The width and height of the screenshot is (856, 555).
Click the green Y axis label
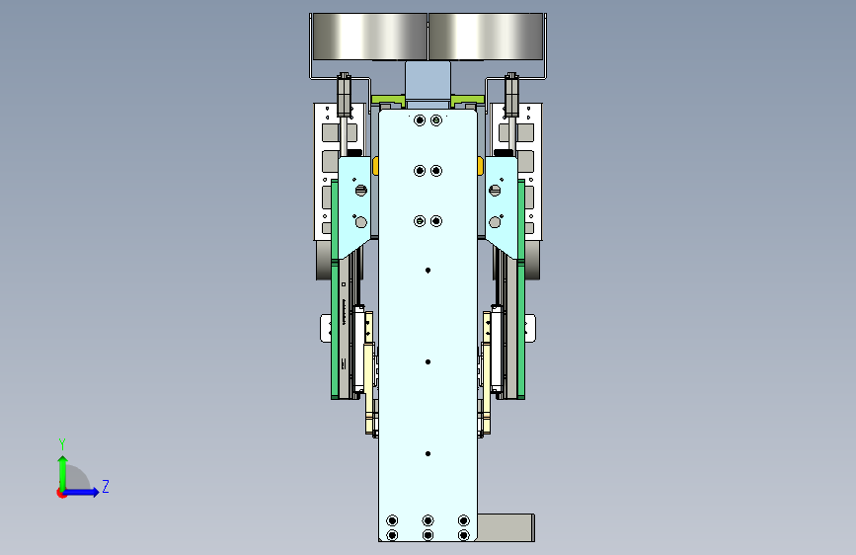(62, 444)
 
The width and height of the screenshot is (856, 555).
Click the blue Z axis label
(106, 486)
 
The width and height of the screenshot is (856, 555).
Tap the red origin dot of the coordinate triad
(61, 493)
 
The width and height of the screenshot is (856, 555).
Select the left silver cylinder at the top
(369, 37)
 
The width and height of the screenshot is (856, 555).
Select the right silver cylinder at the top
(486, 37)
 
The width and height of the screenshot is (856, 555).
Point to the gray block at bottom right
(506, 527)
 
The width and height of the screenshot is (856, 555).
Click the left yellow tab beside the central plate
(375, 166)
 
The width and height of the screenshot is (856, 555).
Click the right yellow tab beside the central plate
(480, 166)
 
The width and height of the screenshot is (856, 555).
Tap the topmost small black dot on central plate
(428, 271)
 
